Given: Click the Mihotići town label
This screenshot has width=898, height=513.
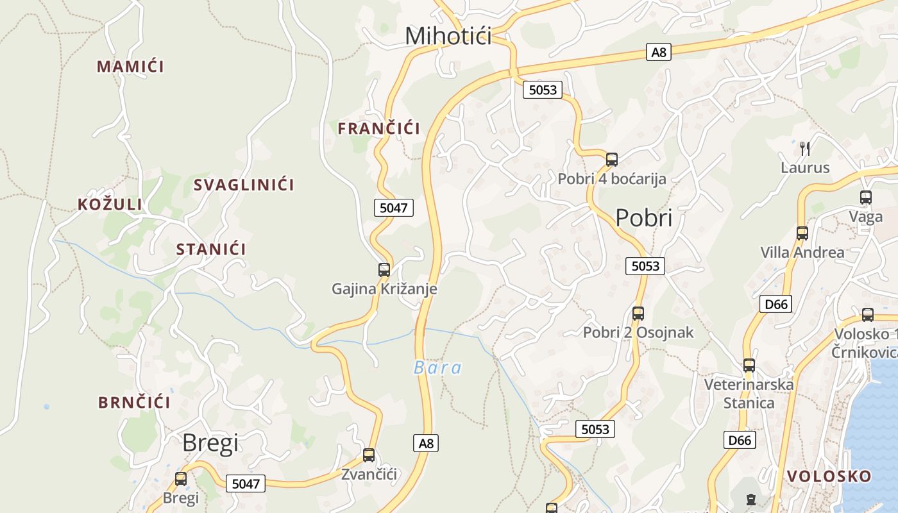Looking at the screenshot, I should [448, 36].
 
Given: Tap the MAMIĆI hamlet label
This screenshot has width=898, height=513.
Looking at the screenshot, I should [130, 66].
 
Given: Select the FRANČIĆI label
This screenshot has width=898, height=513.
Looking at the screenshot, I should [379, 128].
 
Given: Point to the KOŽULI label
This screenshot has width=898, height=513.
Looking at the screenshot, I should [110, 205].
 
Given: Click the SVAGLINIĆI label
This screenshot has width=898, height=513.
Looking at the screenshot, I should [244, 185].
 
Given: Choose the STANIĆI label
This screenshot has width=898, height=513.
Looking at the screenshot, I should [211, 249].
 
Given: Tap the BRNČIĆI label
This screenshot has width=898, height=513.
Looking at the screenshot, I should [134, 403].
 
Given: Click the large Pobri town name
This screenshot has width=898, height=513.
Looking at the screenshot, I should [643, 218].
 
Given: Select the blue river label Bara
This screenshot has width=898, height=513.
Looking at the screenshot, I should [437, 368].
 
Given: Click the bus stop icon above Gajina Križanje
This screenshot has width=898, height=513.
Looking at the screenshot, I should [384, 270].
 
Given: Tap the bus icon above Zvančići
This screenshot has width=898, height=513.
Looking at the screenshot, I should [369, 455].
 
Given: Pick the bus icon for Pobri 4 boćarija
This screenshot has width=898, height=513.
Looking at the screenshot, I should [612, 160].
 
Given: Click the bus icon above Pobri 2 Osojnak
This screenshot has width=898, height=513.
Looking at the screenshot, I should [638, 314].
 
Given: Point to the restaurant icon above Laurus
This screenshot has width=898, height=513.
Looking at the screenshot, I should [805, 149].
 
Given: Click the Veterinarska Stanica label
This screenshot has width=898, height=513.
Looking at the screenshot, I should [749, 394].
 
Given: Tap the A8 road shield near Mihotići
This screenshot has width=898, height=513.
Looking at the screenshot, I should [659, 53].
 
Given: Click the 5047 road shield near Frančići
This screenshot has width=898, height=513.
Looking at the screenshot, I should [393, 208].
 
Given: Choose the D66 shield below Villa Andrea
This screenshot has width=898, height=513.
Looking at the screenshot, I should [775, 304].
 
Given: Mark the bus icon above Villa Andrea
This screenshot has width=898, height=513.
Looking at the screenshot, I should [802, 233].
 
